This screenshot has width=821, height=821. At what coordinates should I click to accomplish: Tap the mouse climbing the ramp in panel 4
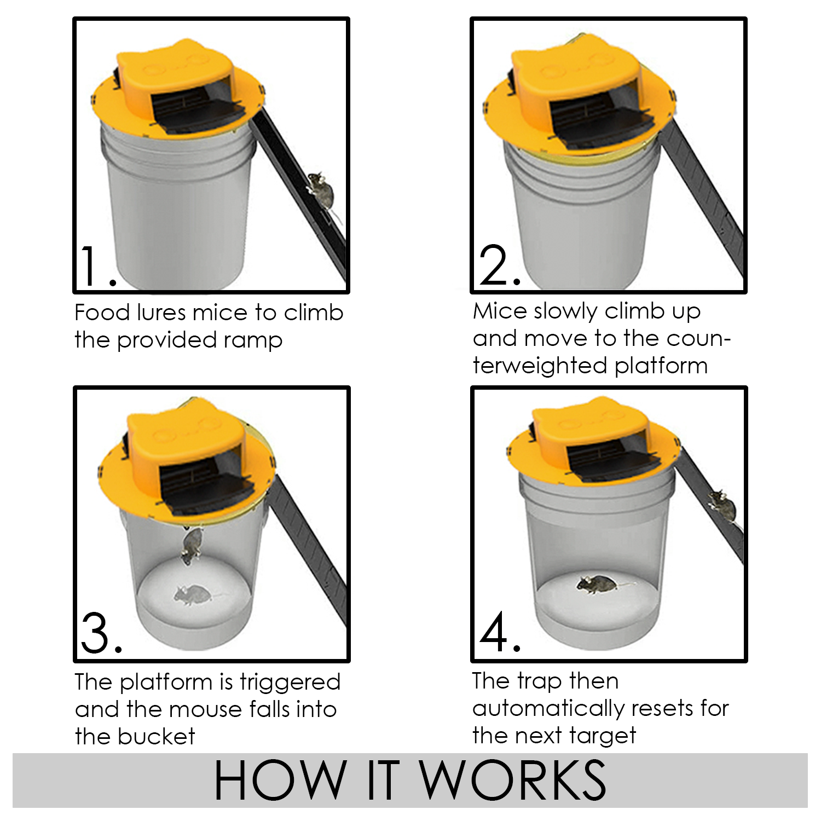click(723, 506)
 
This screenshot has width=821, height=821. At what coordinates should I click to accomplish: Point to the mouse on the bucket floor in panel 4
click(599, 585)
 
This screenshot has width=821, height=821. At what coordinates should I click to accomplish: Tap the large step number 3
click(101, 634)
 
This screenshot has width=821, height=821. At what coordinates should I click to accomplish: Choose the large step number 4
click(499, 633)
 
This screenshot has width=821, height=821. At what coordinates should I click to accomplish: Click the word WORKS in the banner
click(513, 780)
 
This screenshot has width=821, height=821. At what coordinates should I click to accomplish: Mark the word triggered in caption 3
click(290, 683)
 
